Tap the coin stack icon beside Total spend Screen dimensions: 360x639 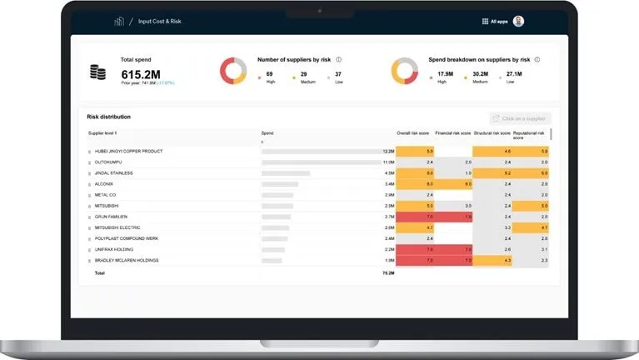pyautogui.click(x=98, y=72)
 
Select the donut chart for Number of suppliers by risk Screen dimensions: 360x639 pyautogui.click(x=232, y=71)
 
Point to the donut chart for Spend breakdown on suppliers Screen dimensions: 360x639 pyautogui.click(x=404, y=71)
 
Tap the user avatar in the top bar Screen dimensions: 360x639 pyautogui.click(x=519, y=21)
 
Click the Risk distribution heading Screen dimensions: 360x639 pyautogui.click(x=108, y=117)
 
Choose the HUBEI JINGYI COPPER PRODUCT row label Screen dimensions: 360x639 pyautogui.click(x=128, y=151)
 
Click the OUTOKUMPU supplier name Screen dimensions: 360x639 pyautogui.click(x=109, y=162)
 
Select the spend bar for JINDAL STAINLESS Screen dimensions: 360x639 pyautogui.click(x=286, y=172)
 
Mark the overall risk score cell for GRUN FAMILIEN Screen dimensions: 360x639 pyautogui.click(x=415, y=217)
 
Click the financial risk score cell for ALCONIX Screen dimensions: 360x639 pyautogui.click(x=454, y=183)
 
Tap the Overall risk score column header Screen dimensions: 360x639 pyautogui.click(x=414, y=133)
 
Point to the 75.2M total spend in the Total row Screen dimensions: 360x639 pyautogui.click(x=388, y=272)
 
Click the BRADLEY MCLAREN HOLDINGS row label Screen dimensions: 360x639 pyautogui.click(x=127, y=260)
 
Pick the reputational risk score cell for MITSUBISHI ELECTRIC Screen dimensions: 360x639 pyautogui.click(x=531, y=227)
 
